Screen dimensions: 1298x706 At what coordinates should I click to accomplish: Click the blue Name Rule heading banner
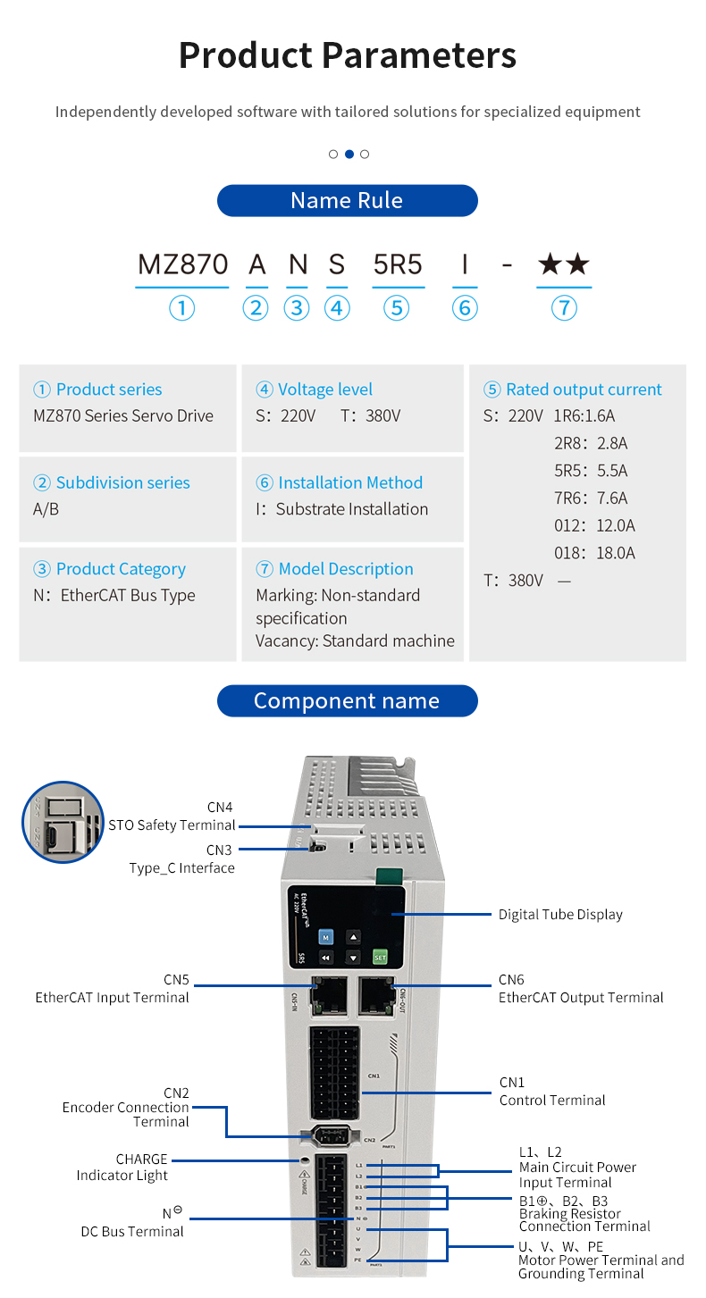point(347,200)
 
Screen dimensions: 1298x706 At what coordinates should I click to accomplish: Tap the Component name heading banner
point(347,700)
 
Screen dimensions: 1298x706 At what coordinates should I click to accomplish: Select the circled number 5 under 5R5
point(396,308)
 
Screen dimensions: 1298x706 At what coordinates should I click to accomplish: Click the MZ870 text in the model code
point(182,264)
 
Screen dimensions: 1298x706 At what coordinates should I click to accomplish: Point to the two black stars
point(563,264)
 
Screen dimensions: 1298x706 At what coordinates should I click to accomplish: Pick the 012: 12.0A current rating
point(594,525)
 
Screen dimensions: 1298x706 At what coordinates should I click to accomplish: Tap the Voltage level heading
point(315,389)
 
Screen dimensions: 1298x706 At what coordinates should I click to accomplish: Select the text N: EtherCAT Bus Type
point(114,596)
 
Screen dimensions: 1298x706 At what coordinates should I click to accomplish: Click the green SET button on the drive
point(380,957)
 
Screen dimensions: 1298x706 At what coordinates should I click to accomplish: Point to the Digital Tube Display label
point(560,914)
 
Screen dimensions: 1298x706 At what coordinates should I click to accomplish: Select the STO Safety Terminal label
point(172,825)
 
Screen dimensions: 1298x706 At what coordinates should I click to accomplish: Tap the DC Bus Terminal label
point(132,1231)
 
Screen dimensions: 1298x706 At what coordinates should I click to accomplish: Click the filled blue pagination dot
point(349,154)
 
